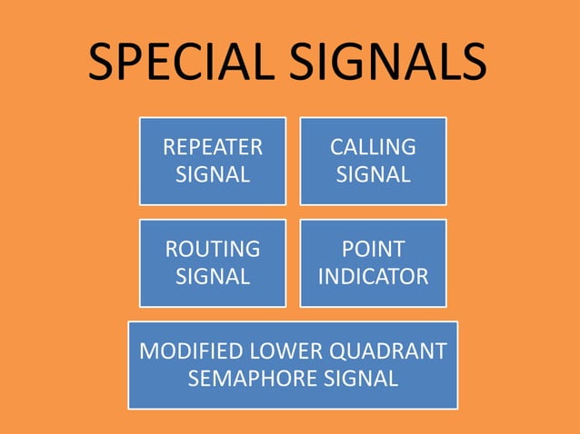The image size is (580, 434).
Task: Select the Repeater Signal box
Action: (x=212, y=161)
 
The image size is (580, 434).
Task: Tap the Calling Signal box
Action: (x=373, y=161)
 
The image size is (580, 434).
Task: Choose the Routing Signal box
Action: (x=212, y=262)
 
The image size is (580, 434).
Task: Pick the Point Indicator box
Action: (x=373, y=262)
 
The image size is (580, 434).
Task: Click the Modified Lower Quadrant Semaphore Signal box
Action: (x=292, y=364)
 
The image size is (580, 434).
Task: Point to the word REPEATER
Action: (x=212, y=147)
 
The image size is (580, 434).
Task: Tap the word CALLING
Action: (x=373, y=147)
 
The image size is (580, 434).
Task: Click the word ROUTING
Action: (x=212, y=249)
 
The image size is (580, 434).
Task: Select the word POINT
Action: (x=373, y=249)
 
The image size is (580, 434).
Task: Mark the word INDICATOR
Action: (x=373, y=276)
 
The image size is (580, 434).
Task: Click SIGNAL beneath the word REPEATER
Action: (x=212, y=174)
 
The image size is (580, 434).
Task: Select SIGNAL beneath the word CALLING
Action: (x=373, y=174)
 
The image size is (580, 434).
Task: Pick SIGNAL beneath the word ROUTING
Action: (x=212, y=276)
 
